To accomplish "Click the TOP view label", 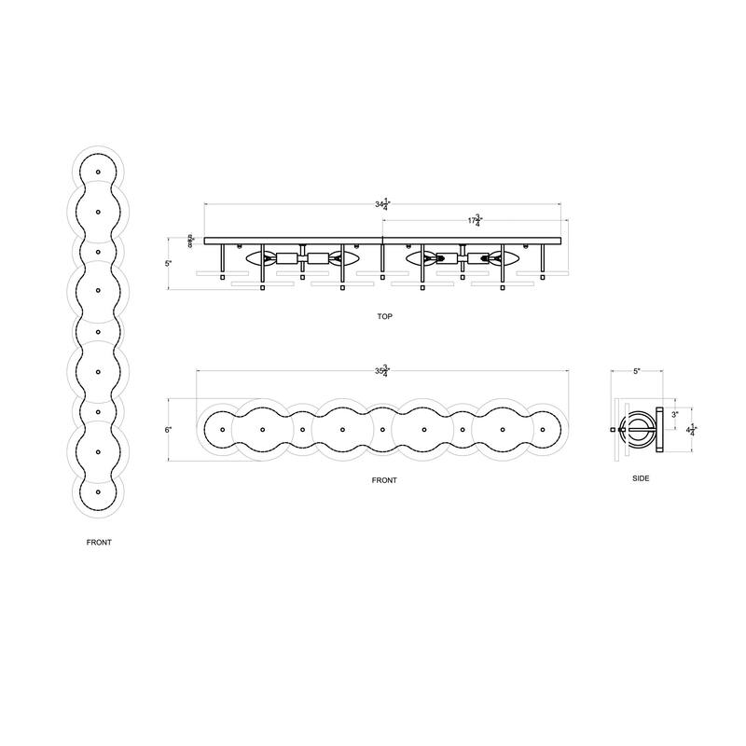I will pyautogui.click(x=385, y=317).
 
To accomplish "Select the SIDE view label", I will pyautogui.click(x=640, y=477).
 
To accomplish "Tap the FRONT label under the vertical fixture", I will pyautogui.click(x=98, y=542).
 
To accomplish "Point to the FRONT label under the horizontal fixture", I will pyautogui.click(x=383, y=480).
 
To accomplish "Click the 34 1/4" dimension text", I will pyautogui.click(x=381, y=203).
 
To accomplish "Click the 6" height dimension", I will pyautogui.click(x=169, y=430).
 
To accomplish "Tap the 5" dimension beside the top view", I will pyautogui.click(x=169, y=264).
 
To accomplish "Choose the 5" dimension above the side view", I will pyautogui.click(x=637, y=371).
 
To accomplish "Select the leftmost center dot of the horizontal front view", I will pyautogui.click(x=224, y=430).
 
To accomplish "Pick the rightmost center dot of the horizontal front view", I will pyautogui.click(x=543, y=430).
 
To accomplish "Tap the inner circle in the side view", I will pyautogui.click(x=639, y=430).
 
